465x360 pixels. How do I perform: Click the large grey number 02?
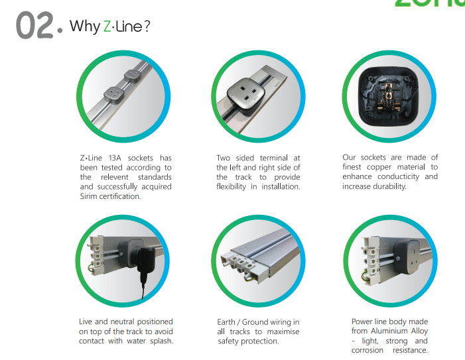[35, 25]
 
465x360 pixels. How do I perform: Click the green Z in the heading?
[107, 26]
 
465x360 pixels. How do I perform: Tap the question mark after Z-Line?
[147, 27]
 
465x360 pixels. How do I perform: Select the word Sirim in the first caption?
[88, 196]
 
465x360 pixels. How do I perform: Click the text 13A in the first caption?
[115, 158]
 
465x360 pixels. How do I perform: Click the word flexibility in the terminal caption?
[231, 187]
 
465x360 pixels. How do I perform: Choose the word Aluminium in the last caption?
[389, 331]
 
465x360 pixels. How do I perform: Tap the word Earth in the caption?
[227, 322]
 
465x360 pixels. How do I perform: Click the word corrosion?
[367, 350]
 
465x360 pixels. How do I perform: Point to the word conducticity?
[398, 177]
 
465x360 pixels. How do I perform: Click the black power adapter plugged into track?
[146, 260]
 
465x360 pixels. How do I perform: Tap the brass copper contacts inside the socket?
[389, 96]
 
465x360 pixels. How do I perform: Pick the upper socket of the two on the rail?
[132, 76]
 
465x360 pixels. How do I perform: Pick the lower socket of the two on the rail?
[113, 95]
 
